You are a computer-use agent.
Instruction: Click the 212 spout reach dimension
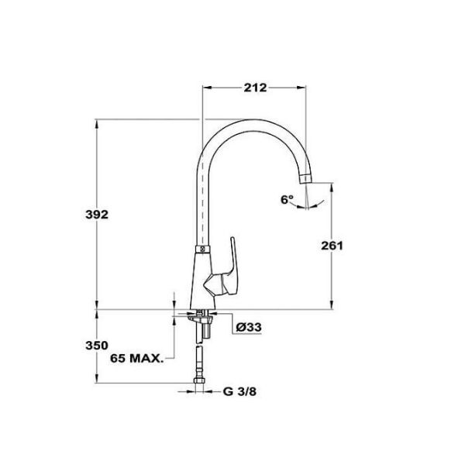[x=253, y=88]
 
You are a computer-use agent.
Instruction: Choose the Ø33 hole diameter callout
[x=248, y=327]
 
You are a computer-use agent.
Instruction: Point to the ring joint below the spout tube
[x=201, y=250]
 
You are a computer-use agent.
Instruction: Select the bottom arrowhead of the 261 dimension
[x=334, y=307]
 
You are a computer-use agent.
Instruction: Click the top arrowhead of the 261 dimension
[x=334, y=186]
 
